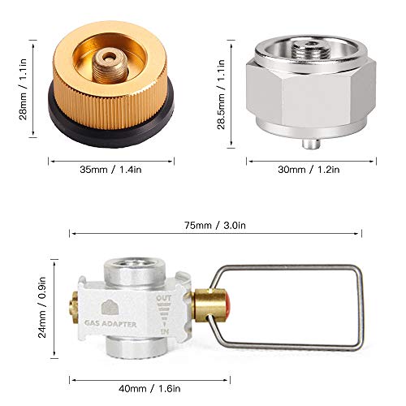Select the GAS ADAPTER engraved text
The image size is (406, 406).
point(110,323)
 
